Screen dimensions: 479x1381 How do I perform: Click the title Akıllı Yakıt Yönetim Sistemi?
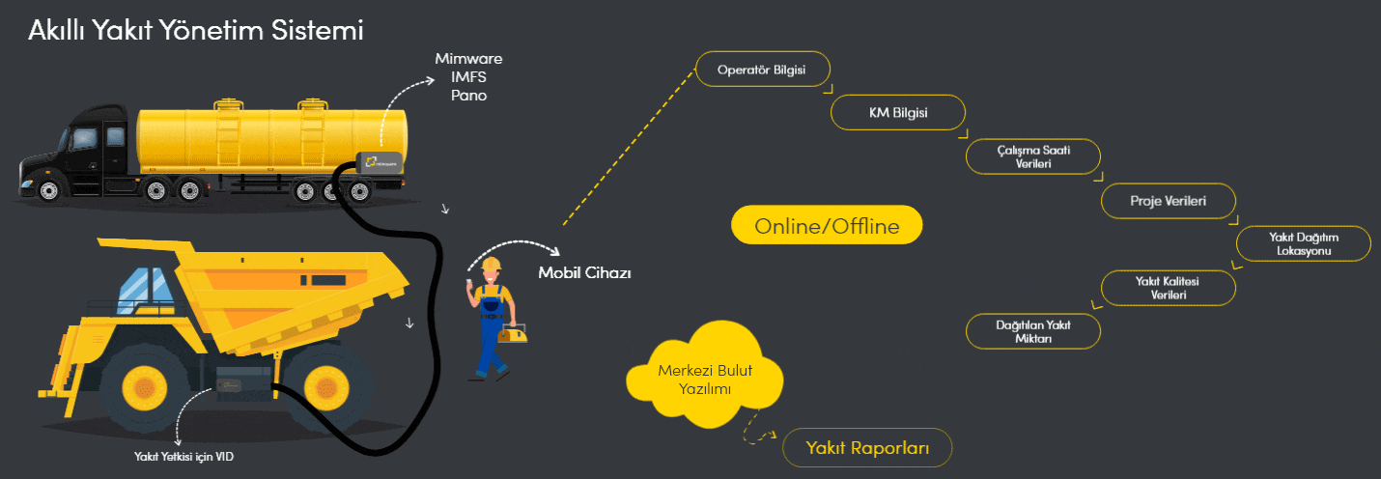point(195,31)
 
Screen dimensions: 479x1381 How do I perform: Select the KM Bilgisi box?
point(897,113)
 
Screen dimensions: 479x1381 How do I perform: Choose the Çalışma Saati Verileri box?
point(1033,156)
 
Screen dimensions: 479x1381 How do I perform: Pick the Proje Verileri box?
point(1169,201)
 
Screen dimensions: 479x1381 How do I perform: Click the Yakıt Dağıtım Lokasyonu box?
point(1305,243)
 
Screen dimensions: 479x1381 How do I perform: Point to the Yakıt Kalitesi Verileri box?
point(1169,288)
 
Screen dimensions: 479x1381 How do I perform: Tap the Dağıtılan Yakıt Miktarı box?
point(1033,331)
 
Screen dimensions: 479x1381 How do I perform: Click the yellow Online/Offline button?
point(827,226)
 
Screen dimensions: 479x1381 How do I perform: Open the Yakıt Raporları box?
point(867,447)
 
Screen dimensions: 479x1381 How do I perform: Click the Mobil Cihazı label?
point(584,272)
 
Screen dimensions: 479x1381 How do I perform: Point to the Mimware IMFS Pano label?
point(468,77)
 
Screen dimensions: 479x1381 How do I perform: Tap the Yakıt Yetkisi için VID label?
point(183,457)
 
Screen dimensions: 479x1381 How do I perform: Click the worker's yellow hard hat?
point(492,264)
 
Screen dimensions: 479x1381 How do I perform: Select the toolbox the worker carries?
point(513,334)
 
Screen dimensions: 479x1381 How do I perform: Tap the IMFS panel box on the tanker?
point(379,163)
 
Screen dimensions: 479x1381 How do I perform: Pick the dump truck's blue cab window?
point(143,285)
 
